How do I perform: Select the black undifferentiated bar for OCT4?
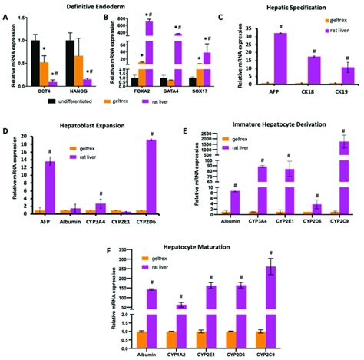[35, 62]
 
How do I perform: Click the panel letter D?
[5, 121]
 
